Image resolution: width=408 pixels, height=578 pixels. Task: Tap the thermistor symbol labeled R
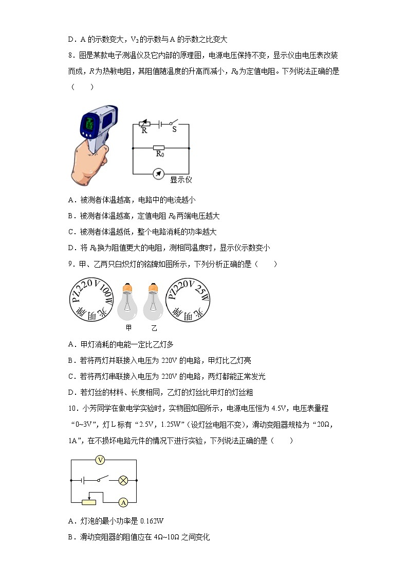pyautogui.click(x=144, y=124)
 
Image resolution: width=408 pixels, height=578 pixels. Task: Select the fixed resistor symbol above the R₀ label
pyautogui.click(x=159, y=148)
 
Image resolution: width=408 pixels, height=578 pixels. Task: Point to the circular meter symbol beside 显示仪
pyautogui.click(x=159, y=173)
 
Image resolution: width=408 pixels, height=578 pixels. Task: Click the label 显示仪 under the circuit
pyautogui.click(x=181, y=180)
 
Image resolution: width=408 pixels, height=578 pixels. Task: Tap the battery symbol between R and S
pyautogui.click(x=160, y=124)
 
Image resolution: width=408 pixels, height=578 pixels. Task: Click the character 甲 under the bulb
pyautogui.click(x=128, y=328)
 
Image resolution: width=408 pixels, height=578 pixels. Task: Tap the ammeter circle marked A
pyautogui.click(x=123, y=502)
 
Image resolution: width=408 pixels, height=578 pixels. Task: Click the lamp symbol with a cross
pyautogui.click(x=123, y=480)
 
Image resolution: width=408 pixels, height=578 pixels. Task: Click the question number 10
pyautogui.click(x=73, y=409)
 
